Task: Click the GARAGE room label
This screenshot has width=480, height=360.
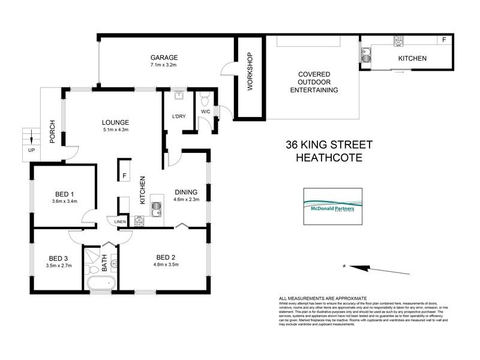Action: pos(164,58)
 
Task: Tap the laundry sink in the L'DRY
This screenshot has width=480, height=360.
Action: pos(178,96)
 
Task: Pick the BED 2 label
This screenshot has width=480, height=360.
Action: pos(165,257)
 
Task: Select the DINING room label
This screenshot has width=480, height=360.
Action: pos(185,192)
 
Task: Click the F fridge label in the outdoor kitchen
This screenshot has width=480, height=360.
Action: pos(444,40)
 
